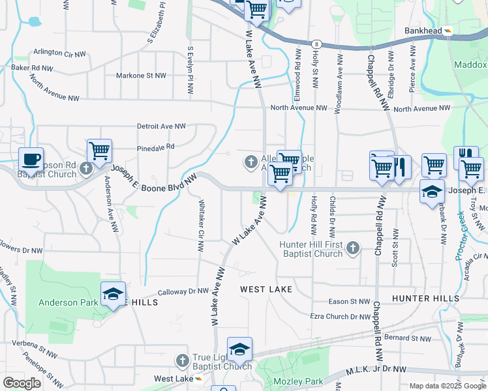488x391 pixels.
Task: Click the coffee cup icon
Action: (x=31, y=159)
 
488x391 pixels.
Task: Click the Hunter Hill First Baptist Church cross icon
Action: (x=353, y=248)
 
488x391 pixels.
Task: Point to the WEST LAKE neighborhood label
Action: (x=266, y=289)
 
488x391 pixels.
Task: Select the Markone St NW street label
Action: (x=141, y=76)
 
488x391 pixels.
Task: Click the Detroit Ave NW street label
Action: (x=161, y=126)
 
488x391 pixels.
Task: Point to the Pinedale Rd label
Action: (x=156, y=147)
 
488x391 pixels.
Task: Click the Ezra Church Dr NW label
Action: (x=340, y=317)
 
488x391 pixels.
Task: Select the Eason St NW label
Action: (x=349, y=302)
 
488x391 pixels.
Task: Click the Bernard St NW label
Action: (x=408, y=338)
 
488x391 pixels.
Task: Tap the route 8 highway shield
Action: (x=316, y=44)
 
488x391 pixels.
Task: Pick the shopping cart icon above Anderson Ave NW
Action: (x=99, y=151)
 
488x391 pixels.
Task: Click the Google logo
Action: (x=22, y=383)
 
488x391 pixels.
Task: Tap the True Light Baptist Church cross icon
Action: (x=183, y=360)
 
